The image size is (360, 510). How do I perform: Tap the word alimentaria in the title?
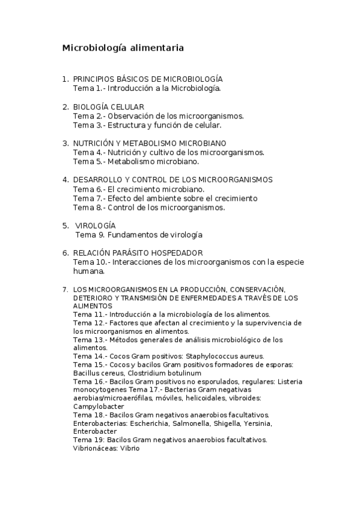pos(154,47)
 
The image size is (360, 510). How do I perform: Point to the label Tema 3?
pos(88,125)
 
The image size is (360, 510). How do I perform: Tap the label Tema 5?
pos(88,161)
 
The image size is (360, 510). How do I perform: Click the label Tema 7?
pos(88,198)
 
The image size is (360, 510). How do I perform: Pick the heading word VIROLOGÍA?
pos(99,225)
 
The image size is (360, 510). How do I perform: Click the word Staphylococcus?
pos(215,356)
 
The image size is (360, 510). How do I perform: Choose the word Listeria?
pos(290,381)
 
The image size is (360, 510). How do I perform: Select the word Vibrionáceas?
pos(94,449)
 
